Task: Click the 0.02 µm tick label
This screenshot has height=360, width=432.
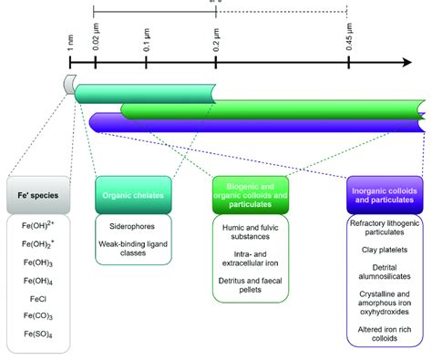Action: point(96,39)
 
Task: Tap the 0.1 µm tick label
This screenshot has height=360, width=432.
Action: point(147,41)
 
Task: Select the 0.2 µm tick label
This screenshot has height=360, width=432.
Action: point(216,41)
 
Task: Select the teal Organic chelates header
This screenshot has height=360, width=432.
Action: point(133,194)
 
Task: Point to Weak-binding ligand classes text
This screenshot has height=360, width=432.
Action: point(133,248)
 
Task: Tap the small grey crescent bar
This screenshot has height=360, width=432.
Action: point(68,85)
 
